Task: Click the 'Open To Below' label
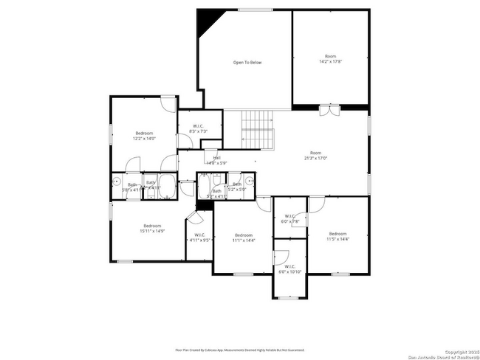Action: [247, 63]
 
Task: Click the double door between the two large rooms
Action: [329, 111]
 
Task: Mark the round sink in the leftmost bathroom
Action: [117, 181]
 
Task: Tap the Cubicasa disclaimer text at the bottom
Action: [239, 350]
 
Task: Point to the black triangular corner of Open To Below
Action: [205, 23]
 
